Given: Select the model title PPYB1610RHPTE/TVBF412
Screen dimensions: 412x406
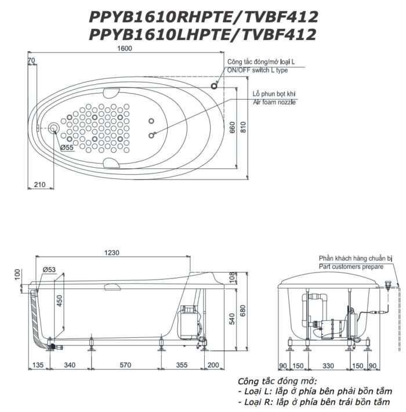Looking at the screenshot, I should (203, 17).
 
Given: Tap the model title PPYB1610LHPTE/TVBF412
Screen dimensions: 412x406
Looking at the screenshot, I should (203, 35).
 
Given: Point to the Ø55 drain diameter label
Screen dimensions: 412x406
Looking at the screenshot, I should (67, 147).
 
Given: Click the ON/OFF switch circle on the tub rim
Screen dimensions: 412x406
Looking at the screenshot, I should (215, 86).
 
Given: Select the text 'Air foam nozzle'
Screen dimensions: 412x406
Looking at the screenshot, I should (274, 102).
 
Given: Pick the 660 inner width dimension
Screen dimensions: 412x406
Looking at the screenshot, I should (232, 128).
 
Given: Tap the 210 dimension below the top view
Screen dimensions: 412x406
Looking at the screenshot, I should (39, 184).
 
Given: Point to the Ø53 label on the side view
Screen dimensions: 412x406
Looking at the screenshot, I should (49, 269).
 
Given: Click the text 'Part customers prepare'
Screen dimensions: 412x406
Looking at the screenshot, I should (350, 266).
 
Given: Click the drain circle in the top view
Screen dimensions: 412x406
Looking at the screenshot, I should (55, 128).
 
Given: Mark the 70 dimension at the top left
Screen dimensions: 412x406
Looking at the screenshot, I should (31, 60).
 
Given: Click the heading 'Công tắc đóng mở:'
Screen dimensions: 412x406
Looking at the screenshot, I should (276, 381).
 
